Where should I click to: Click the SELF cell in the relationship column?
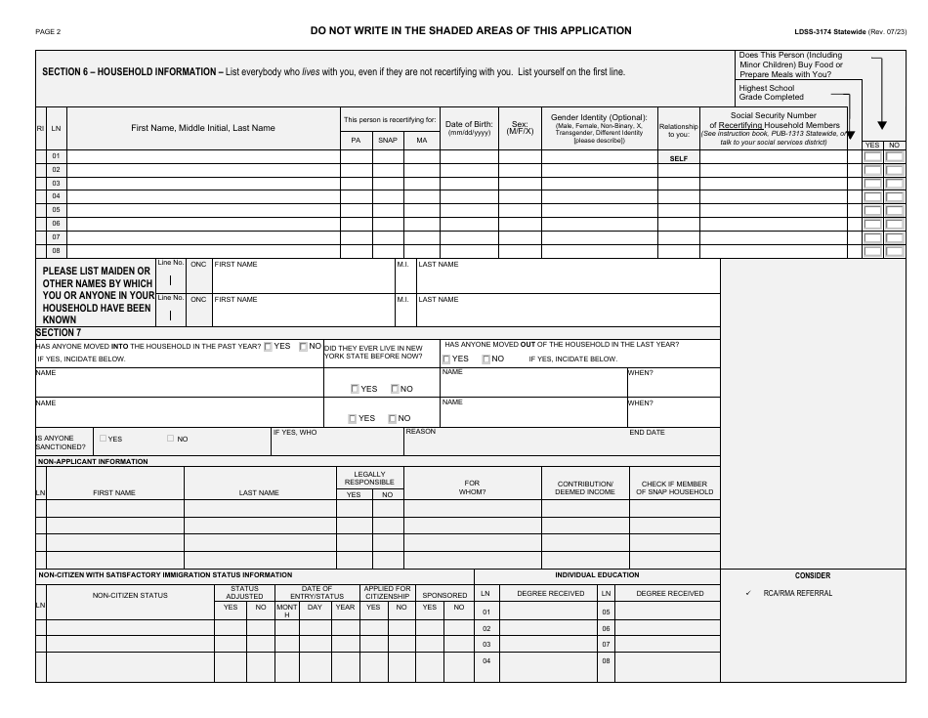click(x=679, y=157)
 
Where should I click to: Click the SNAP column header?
click(x=388, y=141)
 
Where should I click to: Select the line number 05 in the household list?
click(x=56, y=210)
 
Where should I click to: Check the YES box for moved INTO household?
click(x=269, y=346)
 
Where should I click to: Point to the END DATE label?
click(x=647, y=432)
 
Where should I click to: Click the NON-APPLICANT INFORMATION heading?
click(x=93, y=461)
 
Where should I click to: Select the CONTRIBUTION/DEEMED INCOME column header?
click(x=584, y=487)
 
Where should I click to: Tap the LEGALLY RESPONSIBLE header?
click(x=369, y=478)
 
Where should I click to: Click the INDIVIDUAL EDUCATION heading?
click(x=597, y=575)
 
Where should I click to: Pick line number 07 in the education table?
click(x=607, y=645)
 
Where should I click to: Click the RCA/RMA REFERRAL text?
click(x=798, y=593)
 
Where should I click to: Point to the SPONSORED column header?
click(x=444, y=594)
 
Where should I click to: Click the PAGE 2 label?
click(x=48, y=31)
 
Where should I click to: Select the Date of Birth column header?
click(x=468, y=128)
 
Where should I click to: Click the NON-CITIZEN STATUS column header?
click(x=130, y=594)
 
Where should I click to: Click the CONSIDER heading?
click(x=812, y=575)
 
